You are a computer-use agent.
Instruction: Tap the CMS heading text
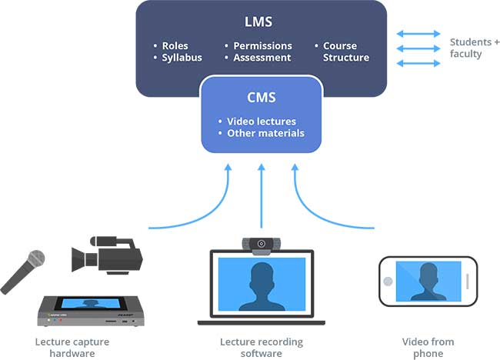(261, 98)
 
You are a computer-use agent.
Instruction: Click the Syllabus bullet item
(181, 58)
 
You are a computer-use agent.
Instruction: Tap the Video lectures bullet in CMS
(261, 122)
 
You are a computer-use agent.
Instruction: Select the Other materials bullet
(265, 133)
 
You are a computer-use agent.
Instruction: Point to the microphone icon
(24, 270)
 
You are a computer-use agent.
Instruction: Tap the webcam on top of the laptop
(262, 244)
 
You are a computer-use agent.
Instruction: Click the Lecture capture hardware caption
(72, 348)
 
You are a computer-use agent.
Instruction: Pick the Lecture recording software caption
(262, 348)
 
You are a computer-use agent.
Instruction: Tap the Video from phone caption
(428, 348)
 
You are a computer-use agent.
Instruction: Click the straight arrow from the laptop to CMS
(262, 196)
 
